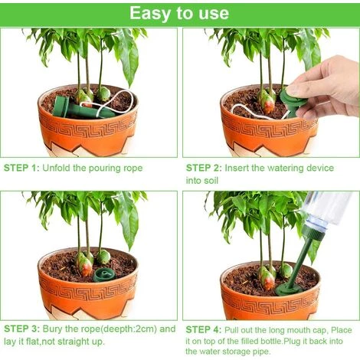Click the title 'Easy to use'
(x=178, y=13)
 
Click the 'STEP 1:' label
(x=21, y=166)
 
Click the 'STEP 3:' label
(x=21, y=329)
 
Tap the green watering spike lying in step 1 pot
(x=73, y=109)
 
